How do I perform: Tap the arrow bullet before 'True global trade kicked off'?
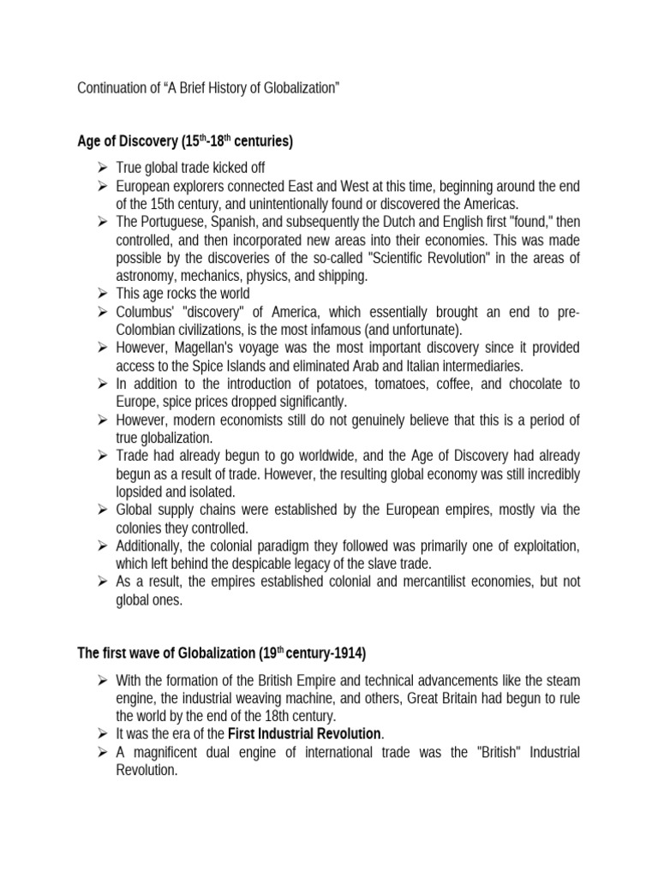pyautogui.click(x=100, y=168)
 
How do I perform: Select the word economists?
pyautogui.click(x=248, y=419)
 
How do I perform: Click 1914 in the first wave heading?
pyautogui.click(x=347, y=653)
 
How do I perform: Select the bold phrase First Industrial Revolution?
pyautogui.click(x=308, y=733)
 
